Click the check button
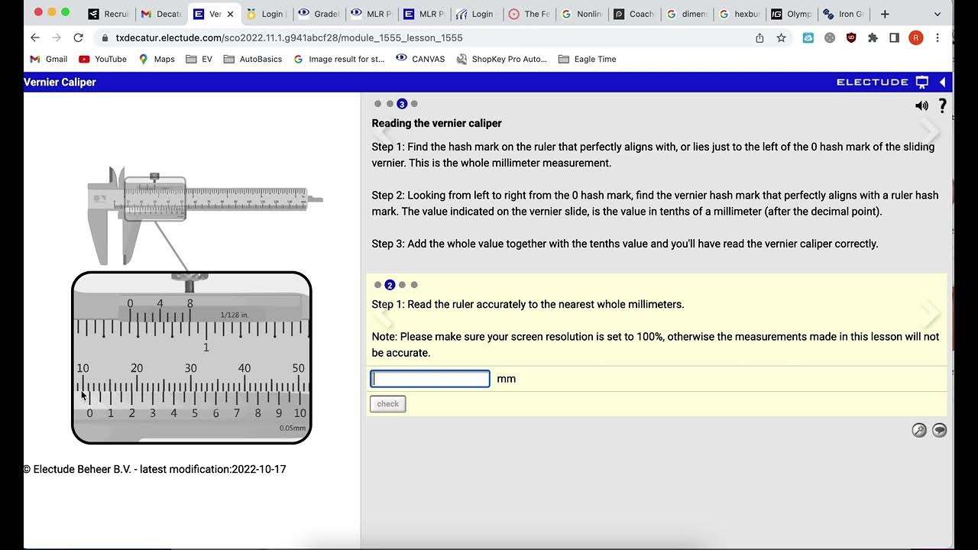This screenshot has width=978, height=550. pos(387,404)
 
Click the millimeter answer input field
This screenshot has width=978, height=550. pos(430,379)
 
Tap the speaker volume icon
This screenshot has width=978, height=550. pos(921,106)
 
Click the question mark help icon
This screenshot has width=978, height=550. pos(942,106)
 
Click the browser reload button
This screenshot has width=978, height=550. pos(78,37)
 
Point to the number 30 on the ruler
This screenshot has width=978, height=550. pos(190,368)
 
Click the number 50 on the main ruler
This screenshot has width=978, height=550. pos(299,368)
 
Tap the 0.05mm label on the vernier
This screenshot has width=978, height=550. pos(292,429)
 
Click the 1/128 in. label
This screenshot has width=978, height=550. pos(235,315)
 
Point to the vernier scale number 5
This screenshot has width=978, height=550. pos(195,413)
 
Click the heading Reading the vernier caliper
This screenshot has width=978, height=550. pos(436,123)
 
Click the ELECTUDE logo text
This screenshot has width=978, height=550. pos(872,82)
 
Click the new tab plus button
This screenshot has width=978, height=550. pos(885,14)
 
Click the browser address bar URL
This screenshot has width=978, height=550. pos(289,37)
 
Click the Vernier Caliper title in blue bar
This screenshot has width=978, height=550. pos(60,82)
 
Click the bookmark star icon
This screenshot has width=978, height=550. pos(781,37)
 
